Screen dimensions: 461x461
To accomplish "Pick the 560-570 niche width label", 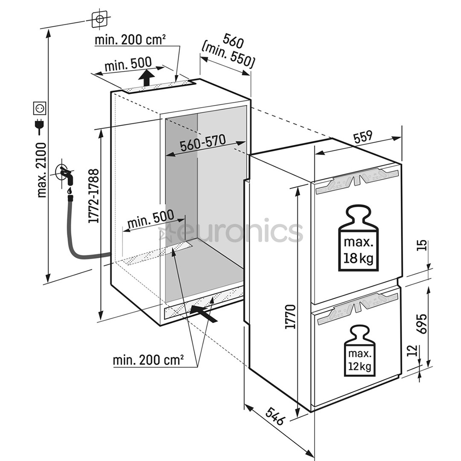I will pos(202,144).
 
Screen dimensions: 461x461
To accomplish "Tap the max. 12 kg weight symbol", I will pos(359,350).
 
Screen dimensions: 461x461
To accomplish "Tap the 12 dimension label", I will pos(411,351).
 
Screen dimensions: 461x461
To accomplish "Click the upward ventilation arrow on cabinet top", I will pos(147,78).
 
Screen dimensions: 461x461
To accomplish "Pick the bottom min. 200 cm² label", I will pos(148,360).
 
